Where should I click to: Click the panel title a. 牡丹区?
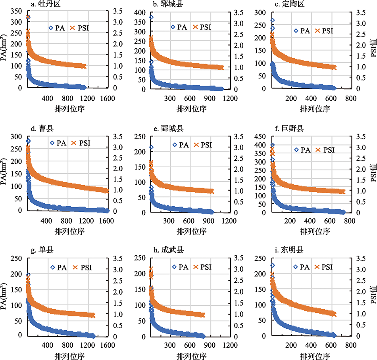[44, 5]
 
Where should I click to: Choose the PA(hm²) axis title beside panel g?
[5, 295]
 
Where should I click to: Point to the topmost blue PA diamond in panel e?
[151, 147]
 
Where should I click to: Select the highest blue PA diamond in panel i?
[273, 265]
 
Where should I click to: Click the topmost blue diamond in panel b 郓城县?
[151, 17]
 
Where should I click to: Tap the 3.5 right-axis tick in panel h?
[242, 259]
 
